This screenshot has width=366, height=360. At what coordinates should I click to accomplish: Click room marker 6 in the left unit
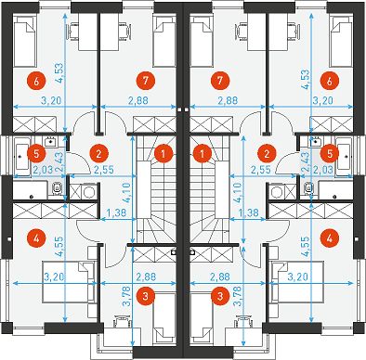click(36, 82)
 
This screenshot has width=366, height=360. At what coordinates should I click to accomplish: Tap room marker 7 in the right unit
click(220, 81)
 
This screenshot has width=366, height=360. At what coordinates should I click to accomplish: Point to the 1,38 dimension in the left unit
click(113, 212)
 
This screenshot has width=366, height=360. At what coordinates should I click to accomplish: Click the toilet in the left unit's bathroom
click(57, 187)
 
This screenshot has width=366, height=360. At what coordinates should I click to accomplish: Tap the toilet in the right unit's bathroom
click(308, 187)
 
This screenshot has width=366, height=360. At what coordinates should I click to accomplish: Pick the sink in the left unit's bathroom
click(50, 142)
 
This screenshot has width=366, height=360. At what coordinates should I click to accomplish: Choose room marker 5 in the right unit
click(329, 153)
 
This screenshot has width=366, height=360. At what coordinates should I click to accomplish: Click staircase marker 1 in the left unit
click(163, 153)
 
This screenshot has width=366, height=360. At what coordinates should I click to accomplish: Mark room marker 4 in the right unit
click(329, 238)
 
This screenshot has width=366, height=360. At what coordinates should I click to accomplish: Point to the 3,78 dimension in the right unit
click(240, 296)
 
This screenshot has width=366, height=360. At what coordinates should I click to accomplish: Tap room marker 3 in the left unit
click(147, 296)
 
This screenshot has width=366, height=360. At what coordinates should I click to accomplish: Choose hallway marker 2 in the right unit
click(267, 153)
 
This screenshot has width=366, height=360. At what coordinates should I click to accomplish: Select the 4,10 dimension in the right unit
click(239, 192)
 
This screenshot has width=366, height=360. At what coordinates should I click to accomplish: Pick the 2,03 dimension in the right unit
click(322, 170)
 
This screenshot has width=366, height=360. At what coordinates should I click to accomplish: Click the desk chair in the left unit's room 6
click(73, 31)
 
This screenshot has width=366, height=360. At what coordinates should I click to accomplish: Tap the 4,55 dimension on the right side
click(305, 247)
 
